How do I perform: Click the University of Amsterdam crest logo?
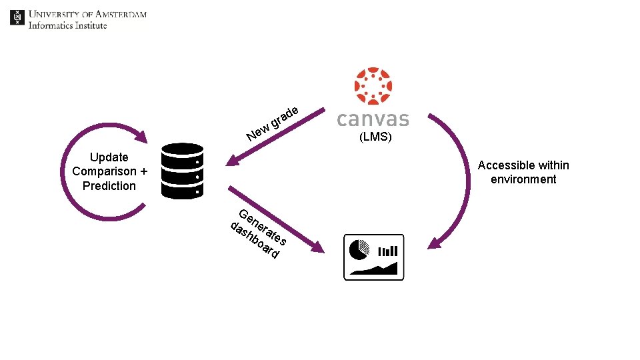17,17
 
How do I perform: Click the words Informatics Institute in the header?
67,25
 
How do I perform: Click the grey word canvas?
373,119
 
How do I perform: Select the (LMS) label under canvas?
375,138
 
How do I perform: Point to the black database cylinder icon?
182,171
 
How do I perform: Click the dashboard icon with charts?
373,257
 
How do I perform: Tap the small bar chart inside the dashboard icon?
388,251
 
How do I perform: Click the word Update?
109,157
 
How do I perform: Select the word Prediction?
109,186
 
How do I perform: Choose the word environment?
523,179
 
